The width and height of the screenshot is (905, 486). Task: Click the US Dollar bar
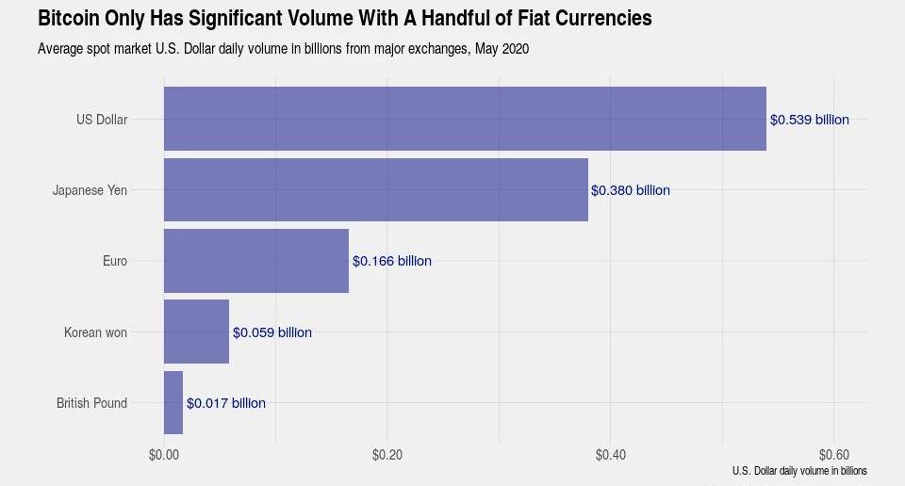pos(465,119)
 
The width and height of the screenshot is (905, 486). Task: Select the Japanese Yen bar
pos(375,189)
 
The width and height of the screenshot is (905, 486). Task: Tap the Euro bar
pos(256,260)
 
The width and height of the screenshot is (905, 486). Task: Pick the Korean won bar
pos(196,332)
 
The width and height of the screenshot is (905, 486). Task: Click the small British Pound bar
pos(173,402)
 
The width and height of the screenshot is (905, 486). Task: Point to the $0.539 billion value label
pos(809,120)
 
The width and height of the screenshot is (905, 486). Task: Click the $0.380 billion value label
pos(630,190)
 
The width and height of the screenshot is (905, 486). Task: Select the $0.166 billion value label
pos(391,261)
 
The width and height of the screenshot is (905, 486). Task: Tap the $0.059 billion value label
pos(271,332)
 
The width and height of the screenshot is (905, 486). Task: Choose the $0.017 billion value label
pos(225,403)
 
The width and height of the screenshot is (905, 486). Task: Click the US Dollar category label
pos(102,120)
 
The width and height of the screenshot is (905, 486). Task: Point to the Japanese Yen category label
pos(90,190)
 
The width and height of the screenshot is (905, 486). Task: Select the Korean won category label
pos(95,332)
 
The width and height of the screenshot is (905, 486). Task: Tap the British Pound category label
pos(91,403)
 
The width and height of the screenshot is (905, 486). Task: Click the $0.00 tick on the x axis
pos(164,455)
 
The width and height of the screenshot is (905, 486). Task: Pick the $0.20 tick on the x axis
pos(387,455)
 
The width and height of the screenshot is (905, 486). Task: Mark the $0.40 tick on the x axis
pos(611,455)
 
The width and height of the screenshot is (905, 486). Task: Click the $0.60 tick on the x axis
pos(834,455)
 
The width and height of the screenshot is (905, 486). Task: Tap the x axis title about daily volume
pos(798,470)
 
